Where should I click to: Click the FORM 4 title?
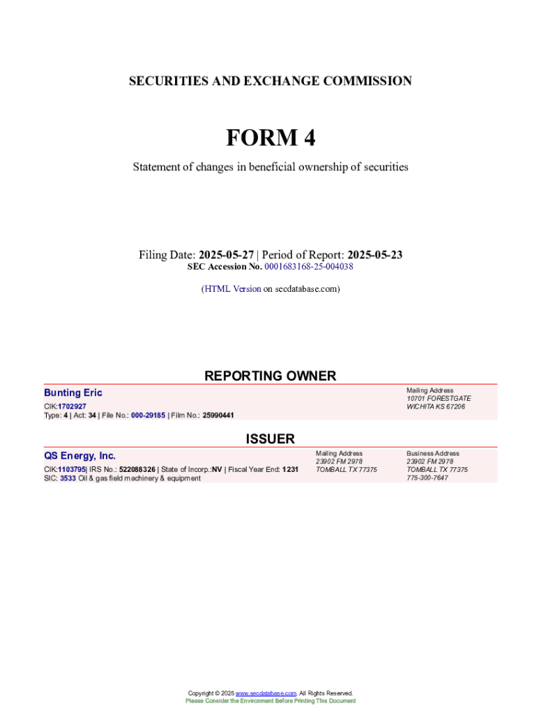pos(270,138)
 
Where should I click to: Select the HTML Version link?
pos(232,288)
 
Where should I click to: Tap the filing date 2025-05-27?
pos(225,255)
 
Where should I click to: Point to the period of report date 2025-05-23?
pos(375,255)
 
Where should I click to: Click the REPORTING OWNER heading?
pos(270,376)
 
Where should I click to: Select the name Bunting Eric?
pos(73,393)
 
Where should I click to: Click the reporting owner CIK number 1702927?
pos(72,406)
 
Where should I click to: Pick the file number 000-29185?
pos(148,415)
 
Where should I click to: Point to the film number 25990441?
pos(218,415)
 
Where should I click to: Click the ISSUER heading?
pos(270,438)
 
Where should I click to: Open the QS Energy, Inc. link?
pos(80,456)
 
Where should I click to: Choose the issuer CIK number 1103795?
pos(71,469)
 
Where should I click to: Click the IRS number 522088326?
pos(137,469)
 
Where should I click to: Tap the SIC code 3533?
pos(68,478)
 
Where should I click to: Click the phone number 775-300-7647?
pos(427,478)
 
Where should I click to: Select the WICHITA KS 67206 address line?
pos(436,406)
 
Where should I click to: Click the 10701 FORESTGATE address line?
pos(439,398)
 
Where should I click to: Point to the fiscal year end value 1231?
pos(290,469)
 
